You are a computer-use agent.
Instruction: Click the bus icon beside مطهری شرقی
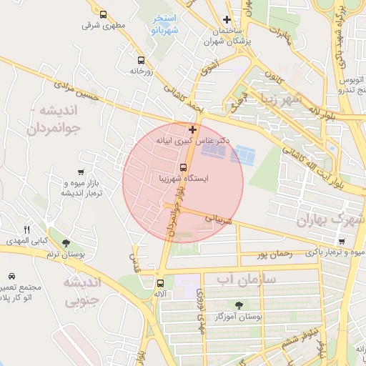(104, 14)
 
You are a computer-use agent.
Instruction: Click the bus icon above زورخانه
(141, 61)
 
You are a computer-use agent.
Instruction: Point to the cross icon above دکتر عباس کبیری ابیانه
(192, 130)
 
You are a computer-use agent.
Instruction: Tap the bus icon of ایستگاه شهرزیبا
(163, 167)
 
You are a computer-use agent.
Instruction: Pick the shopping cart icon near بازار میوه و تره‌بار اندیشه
(81, 172)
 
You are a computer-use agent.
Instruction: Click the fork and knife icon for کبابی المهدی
(26, 229)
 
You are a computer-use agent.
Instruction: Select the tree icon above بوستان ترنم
(66, 243)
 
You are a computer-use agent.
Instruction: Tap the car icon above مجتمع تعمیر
(12, 276)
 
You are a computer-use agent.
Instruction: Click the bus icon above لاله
(159, 282)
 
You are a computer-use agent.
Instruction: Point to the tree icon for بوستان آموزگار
(239, 305)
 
